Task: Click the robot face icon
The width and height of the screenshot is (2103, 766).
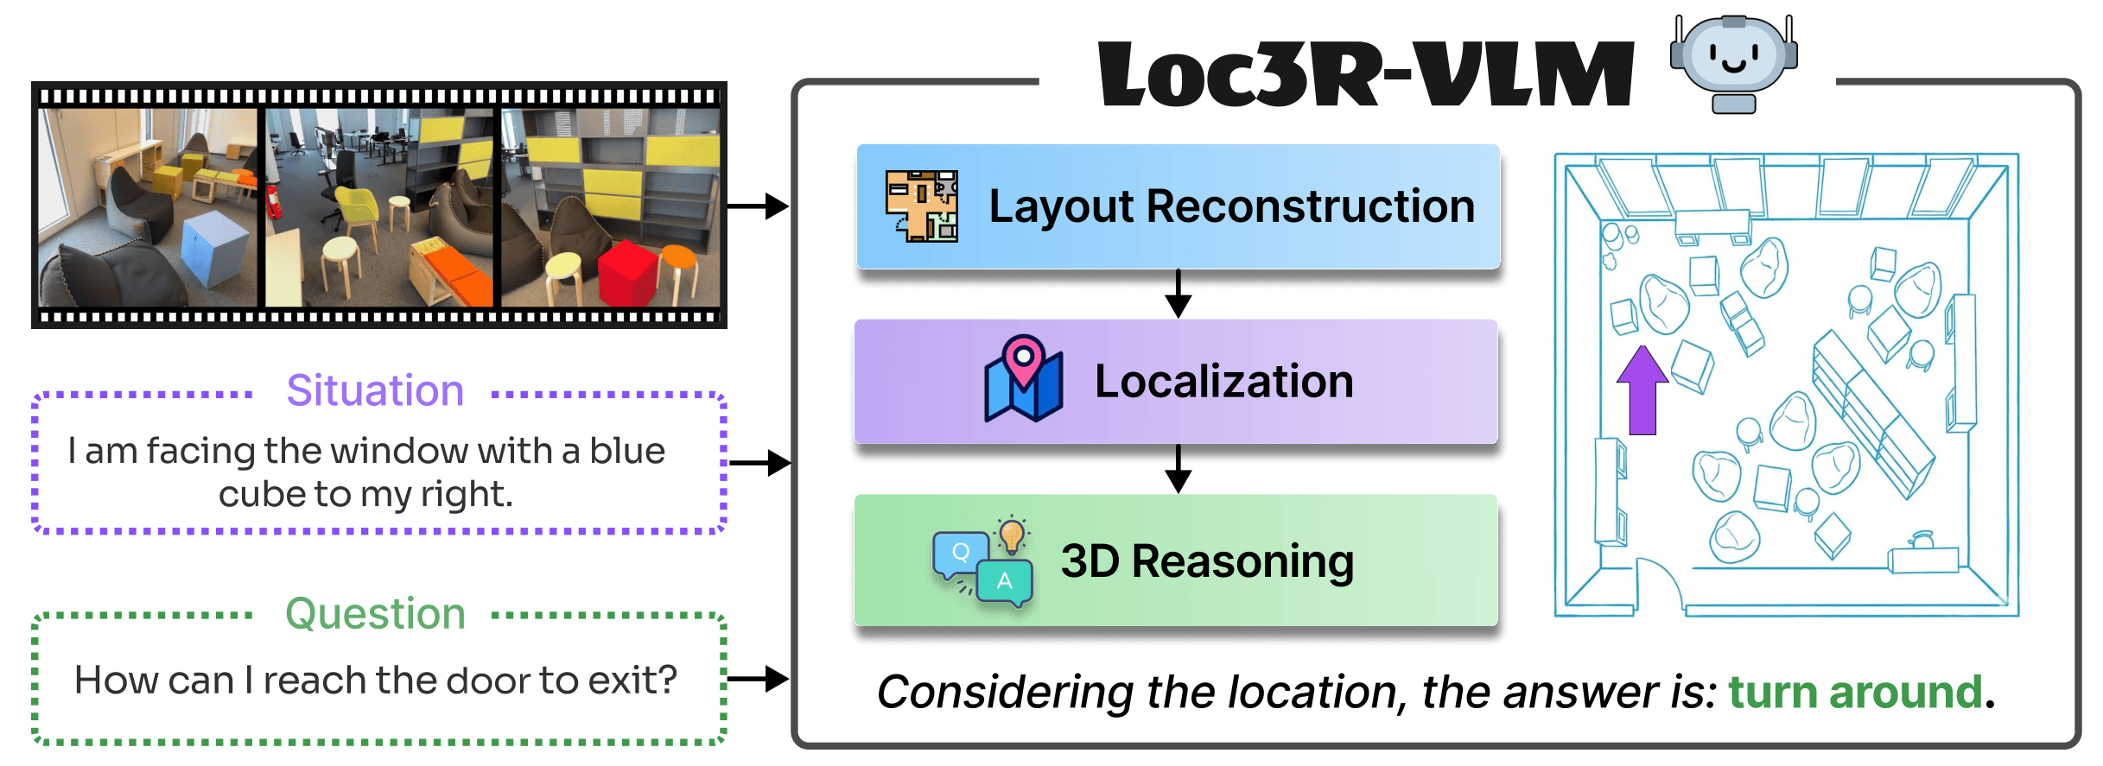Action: click(1733, 60)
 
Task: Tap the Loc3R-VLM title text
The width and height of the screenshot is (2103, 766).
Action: click(1365, 76)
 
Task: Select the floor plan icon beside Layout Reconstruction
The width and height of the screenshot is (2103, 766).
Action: click(921, 206)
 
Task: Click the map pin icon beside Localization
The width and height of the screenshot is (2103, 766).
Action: click(1024, 379)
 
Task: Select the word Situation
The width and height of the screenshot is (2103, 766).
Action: click(375, 390)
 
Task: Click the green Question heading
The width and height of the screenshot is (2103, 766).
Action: click(375, 614)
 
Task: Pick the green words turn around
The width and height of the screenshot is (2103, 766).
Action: click(1854, 693)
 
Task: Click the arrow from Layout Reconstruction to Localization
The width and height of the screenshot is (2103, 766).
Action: click(1178, 294)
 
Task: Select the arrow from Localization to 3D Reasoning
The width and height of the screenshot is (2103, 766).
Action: click(1178, 469)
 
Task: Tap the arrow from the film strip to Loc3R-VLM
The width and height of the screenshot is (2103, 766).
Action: click(758, 206)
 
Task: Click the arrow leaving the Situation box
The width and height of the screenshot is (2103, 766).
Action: click(759, 463)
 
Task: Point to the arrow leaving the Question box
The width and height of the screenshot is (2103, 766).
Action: click(758, 679)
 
